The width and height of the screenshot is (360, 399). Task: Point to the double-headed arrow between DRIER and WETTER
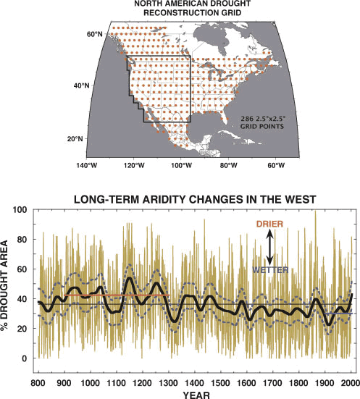pos(268,247)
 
